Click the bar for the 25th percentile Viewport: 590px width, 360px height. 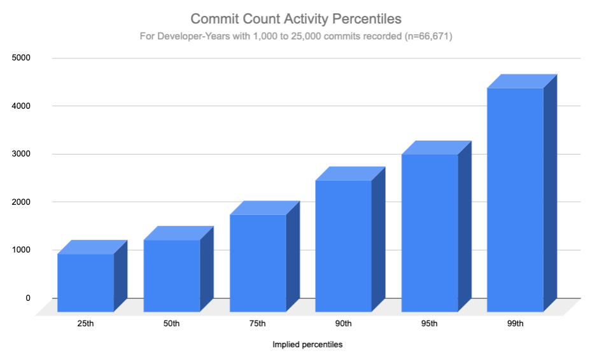click(x=86, y=282)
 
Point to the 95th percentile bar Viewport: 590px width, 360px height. click(x=430, y=233)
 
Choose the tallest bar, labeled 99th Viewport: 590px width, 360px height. click(x=516, y=200)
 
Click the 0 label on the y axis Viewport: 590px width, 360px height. click(x=27, y=298)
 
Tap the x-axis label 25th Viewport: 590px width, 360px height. click(x=86, y=324)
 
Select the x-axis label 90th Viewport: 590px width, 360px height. click(x=344, y=324)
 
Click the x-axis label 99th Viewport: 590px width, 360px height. click(x=516, y=324)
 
